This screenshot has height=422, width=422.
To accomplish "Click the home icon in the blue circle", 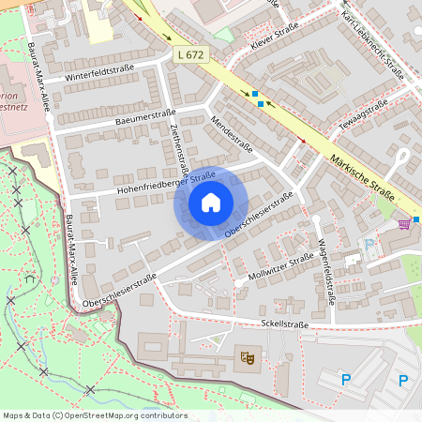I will (x=211, y=203).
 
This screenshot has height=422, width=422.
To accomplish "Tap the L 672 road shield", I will (x=190, y=56).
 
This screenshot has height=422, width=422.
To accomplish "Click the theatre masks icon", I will (x=249, y=356).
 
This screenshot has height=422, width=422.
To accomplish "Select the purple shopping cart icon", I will (x=404, y=223).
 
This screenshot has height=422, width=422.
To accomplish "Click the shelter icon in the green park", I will (x=33, y=278).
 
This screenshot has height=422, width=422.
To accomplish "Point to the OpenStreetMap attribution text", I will (x=94, y=415).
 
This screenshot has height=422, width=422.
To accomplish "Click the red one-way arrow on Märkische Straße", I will (x=301, y=141).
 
